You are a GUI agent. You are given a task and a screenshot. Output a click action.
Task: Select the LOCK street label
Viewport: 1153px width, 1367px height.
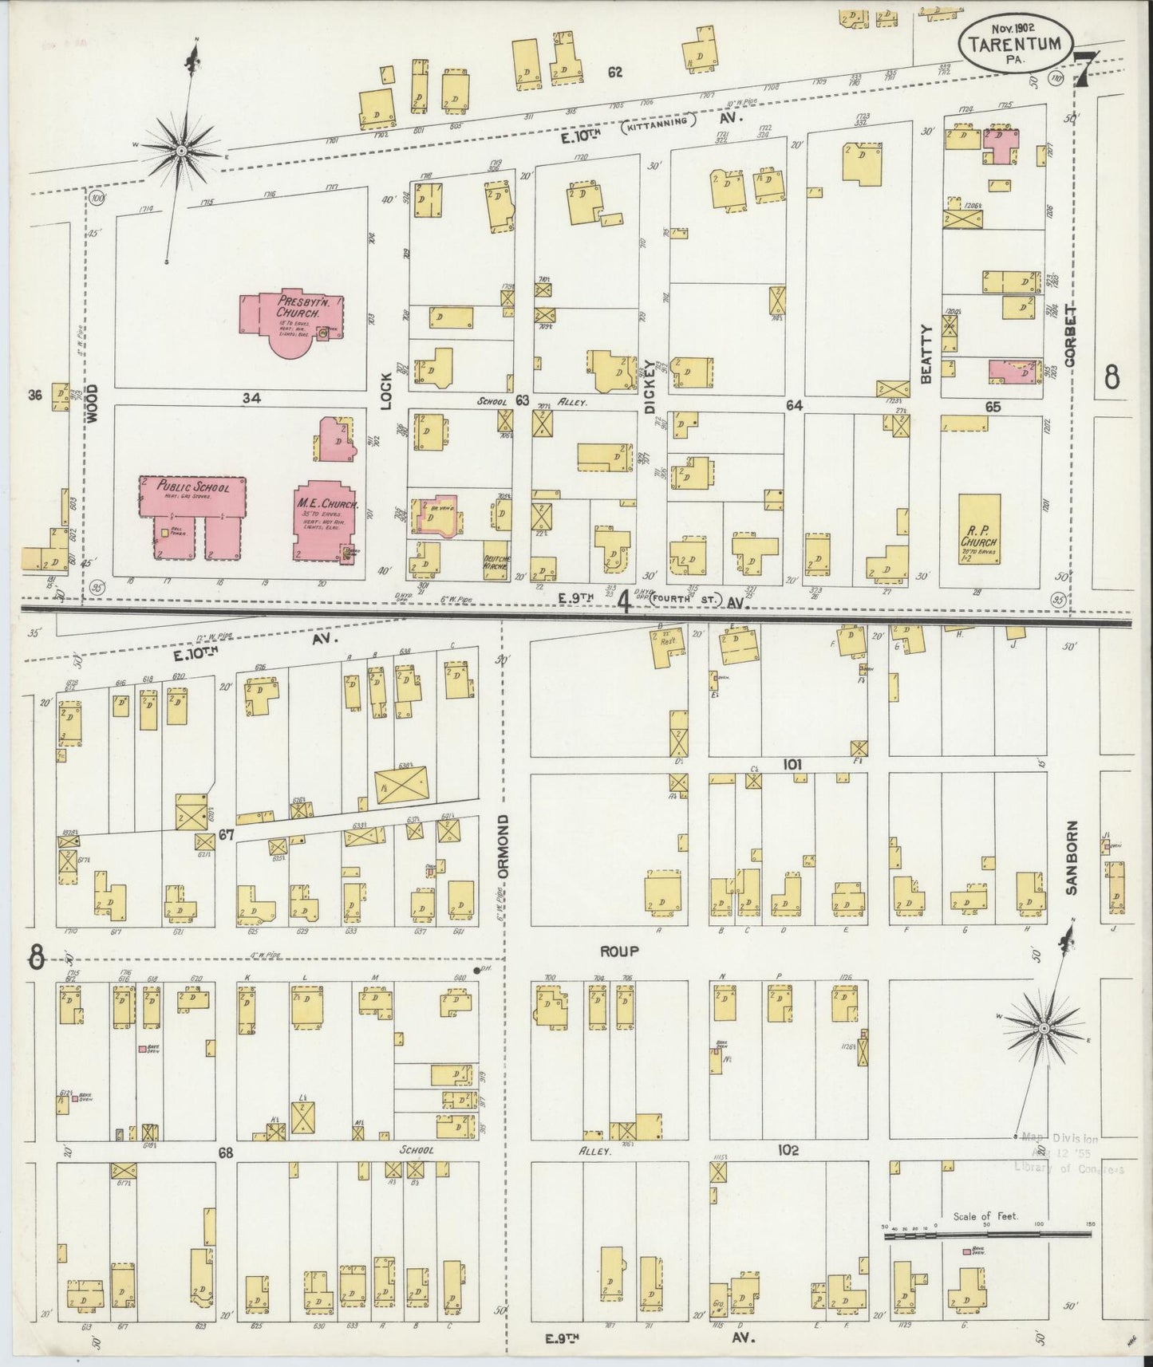pos(388,391)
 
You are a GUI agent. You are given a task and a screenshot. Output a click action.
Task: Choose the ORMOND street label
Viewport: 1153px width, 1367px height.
pos(503,846)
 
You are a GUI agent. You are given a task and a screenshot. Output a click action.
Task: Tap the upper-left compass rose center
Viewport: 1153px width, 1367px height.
pos(182,149)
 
